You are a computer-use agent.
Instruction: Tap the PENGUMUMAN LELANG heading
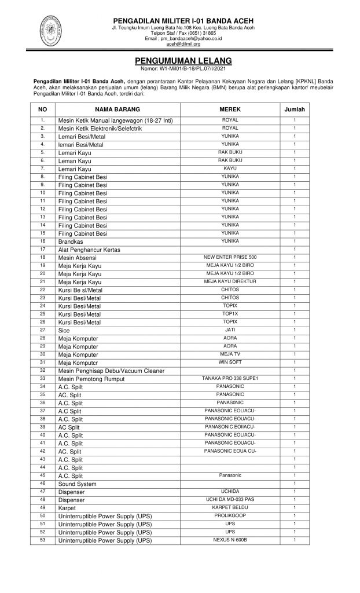click(x=183, y=60)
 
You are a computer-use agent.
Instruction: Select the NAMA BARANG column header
click(x=117, y=109)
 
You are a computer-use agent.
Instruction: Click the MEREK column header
click(x=230, y=109)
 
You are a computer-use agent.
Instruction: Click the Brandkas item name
click(x=68, y=241)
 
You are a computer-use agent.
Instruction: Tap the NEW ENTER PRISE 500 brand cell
click(x=230, y=257)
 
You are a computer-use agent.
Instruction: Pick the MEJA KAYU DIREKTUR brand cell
click(x=230, y=281)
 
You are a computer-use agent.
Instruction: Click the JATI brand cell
click(x=230, y=330)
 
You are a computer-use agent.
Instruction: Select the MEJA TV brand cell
click(x=230, y=354)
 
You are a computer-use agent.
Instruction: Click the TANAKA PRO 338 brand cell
click(x=230, y=378)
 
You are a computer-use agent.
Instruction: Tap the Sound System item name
click(x=77, y=484)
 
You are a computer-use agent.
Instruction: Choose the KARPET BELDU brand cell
click(x=230, y=507)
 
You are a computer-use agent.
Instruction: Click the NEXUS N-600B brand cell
click(x=230, y=540)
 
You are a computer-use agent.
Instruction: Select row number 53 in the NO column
click(x=42, y=540)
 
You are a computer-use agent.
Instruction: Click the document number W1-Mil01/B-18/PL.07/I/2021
click(x=183, y=68)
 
